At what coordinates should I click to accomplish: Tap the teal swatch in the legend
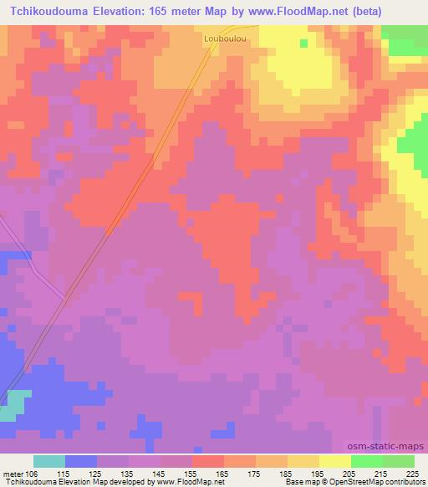pyautogui.click(x=49, y=461)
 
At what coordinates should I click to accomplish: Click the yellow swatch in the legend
pyautogui.click(x=335, y=461)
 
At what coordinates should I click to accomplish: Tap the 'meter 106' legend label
pyautogui.click(x=18, y=474)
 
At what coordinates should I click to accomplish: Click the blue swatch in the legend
pyautogui.click(x=81, y=461)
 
